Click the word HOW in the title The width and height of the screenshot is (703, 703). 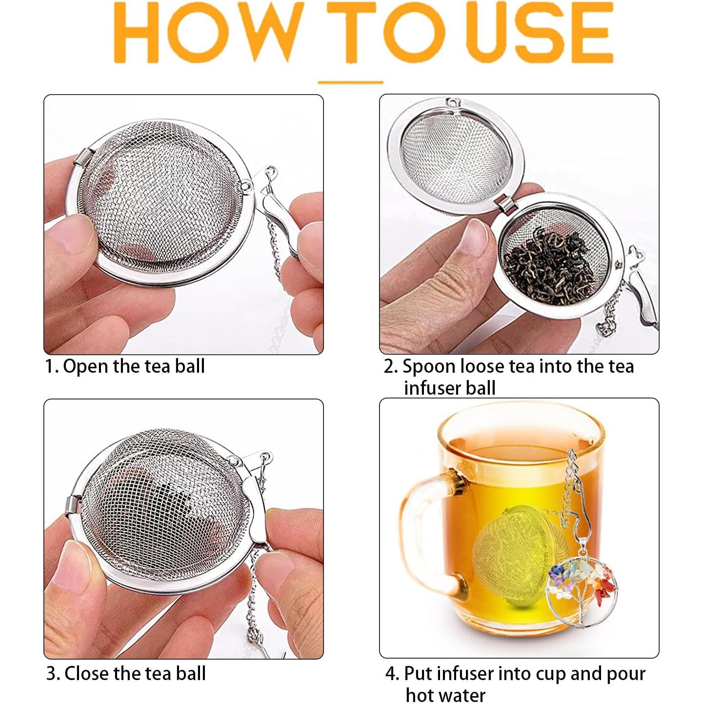coord(204,33)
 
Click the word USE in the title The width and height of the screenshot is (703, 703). coord(539,33)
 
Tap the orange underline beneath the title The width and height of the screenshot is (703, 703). coord(350,82)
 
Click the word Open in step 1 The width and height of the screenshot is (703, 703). coord(86,366)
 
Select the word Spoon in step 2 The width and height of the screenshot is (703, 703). coord(429,366)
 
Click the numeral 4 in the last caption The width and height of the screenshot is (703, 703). coord(392,674)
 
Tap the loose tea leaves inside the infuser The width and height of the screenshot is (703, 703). coord(549,266)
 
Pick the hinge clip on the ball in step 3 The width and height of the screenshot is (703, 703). coord(74,505)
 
